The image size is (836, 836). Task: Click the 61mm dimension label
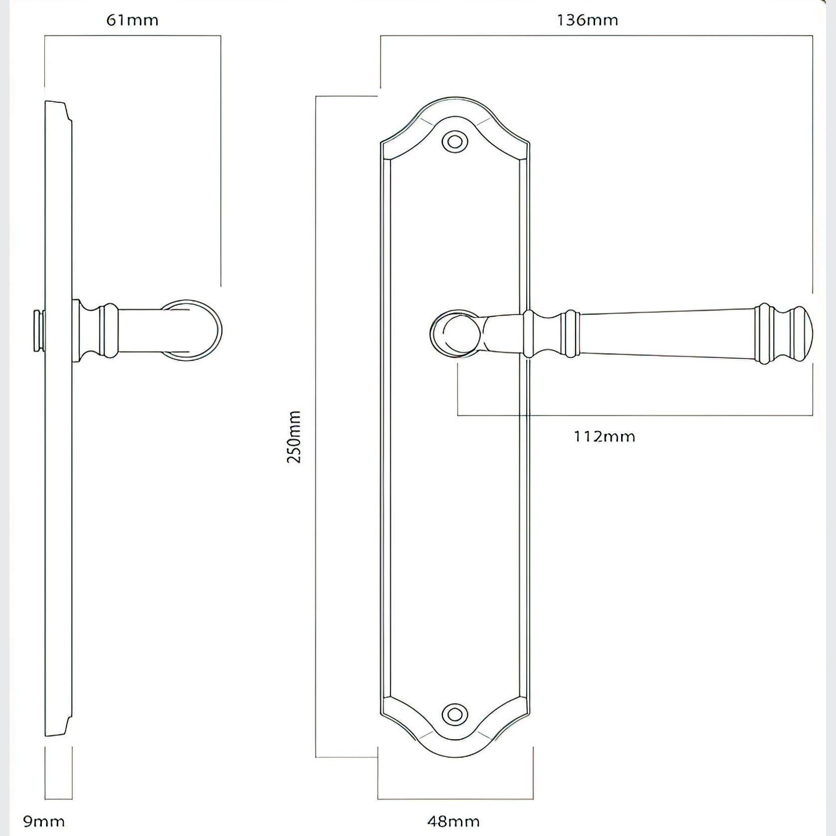point(132,20)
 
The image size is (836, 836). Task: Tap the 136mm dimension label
point(587,20)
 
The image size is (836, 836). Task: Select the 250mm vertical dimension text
point(294,437)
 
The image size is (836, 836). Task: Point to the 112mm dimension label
point(605,437)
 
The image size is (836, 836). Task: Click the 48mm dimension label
point(453,822)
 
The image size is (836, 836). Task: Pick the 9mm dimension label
point(44,822)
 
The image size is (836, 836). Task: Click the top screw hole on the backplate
point(454,142)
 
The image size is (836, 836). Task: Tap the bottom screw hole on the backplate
point(454,714)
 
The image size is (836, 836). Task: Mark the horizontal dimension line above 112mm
point(635,415)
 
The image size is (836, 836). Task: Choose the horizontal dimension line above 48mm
point(455,799)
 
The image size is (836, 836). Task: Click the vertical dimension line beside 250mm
point(316,426)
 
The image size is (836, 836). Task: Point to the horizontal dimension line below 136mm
point(597,36)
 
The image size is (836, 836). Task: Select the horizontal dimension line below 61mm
point(133,36)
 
